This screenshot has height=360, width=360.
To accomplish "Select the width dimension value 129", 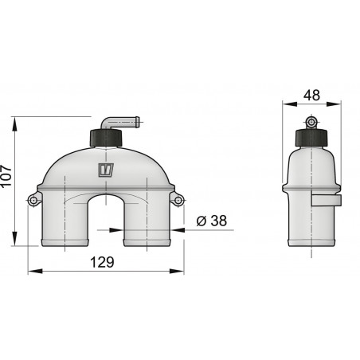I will (101, 261).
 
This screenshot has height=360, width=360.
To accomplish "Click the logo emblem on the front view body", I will (104, 170).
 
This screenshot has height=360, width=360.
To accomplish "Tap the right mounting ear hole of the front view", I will (178, 198).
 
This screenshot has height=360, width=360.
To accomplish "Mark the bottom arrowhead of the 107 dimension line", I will (16, 243).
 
